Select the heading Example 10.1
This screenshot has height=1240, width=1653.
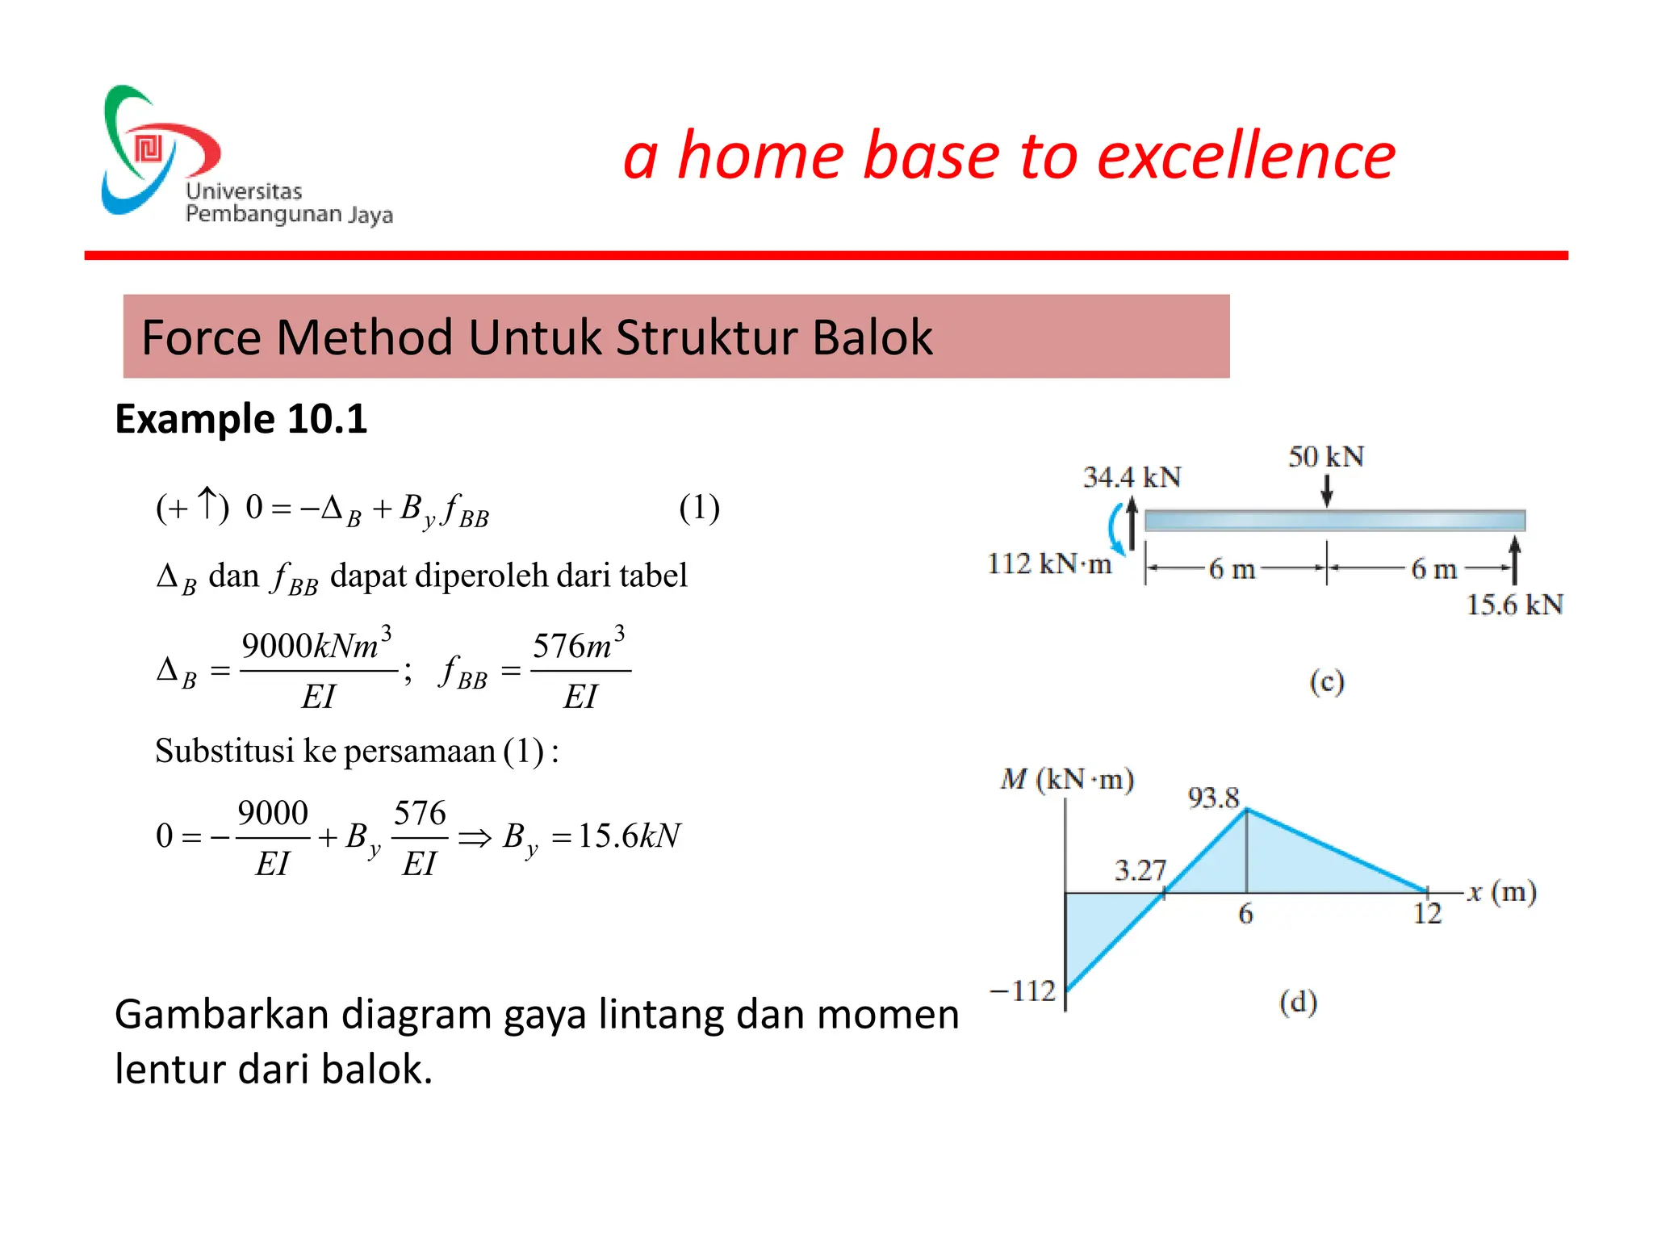(x=241, y=419)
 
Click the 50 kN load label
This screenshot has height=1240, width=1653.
(x=1325, y=457)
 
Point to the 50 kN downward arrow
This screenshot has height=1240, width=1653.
(x=1326, y=490)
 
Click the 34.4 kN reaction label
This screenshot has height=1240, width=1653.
(x=1132, y=477)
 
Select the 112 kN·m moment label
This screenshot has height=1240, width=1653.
(x=1049, y=563)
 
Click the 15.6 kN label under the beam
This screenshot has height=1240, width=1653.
(x=1514, y=605)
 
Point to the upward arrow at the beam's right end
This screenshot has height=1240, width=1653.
(x=1514, y=560)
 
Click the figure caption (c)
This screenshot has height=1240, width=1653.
(x=1326, y=682)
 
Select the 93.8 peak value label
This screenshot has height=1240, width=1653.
(x=1213, y=798)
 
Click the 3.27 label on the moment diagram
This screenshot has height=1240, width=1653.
(x=1140, y=870)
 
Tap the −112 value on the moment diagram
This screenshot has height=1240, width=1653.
(x=1023, y=991)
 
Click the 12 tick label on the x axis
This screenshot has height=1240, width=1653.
(x=1427, y=914)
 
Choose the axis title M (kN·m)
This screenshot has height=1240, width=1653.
(x=1067, y=780)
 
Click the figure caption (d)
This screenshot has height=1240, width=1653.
(x=1298, y=1002)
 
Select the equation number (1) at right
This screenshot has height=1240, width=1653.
(x=699, y=508)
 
